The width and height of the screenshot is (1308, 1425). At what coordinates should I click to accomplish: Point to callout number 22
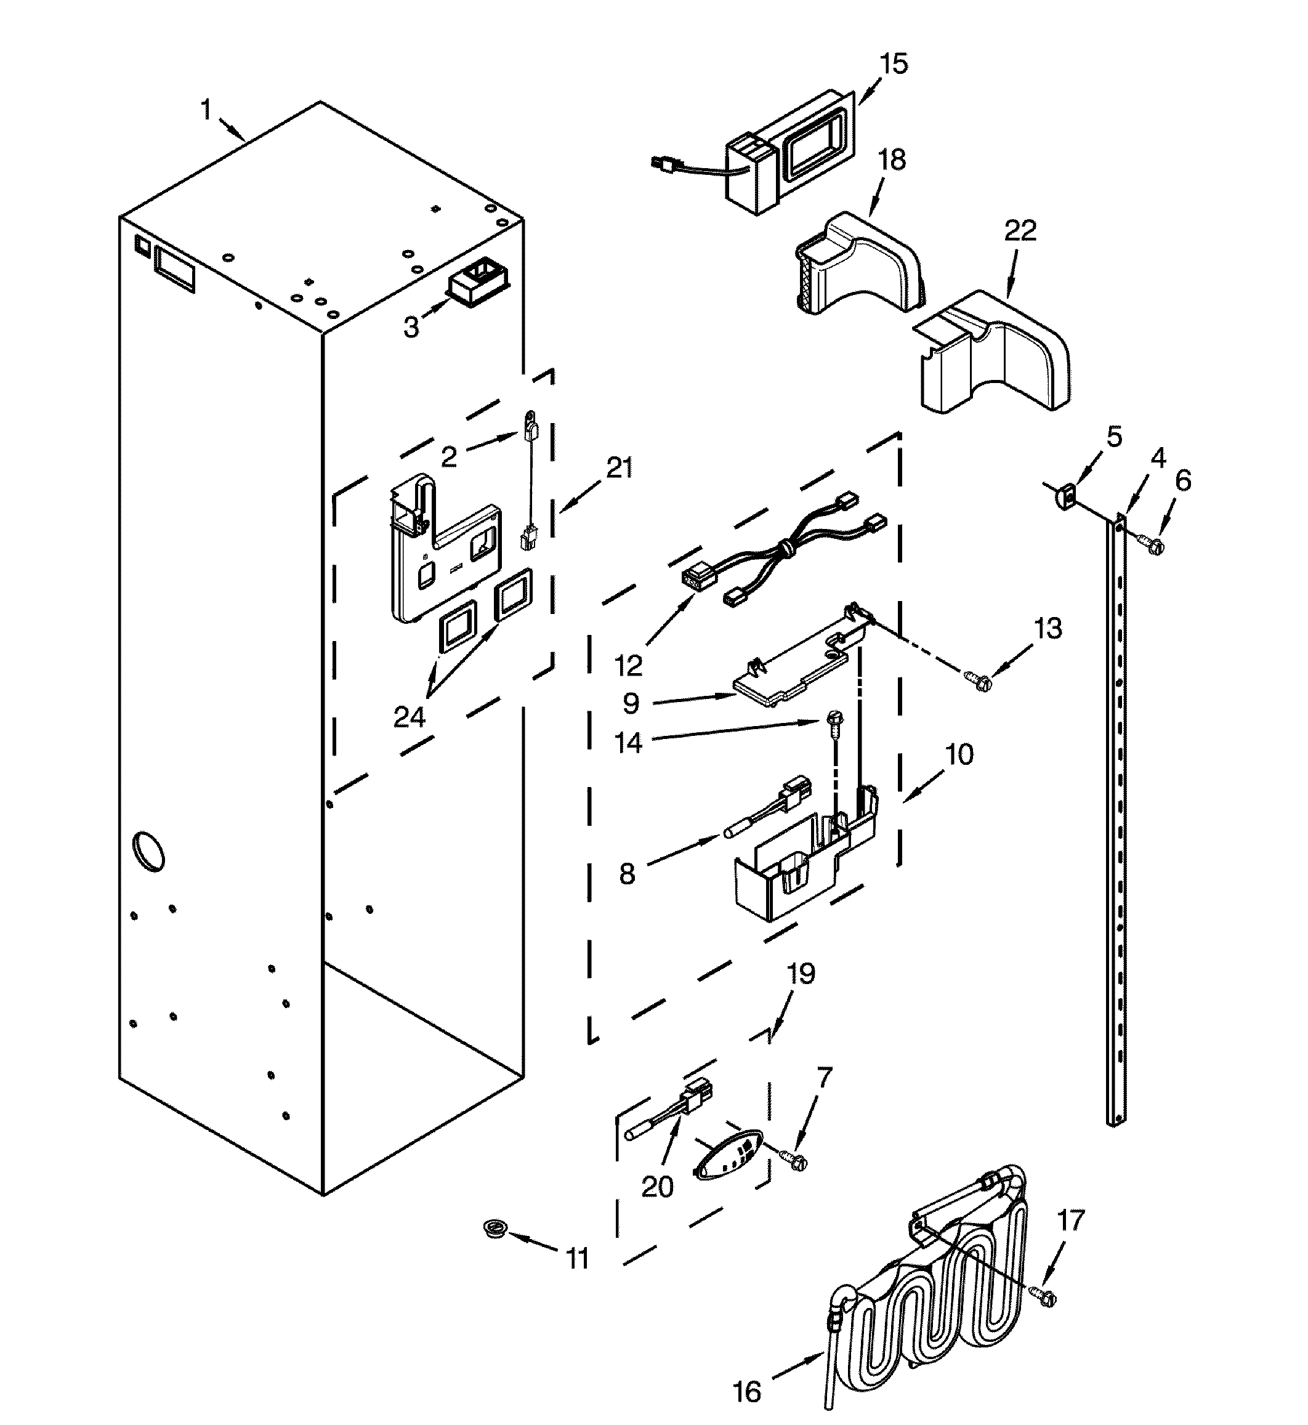[x=1020, y=231]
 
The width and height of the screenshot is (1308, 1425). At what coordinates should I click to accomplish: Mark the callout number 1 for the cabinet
[x=206, y=110]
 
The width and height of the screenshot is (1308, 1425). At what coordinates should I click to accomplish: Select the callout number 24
[x=409, y=718]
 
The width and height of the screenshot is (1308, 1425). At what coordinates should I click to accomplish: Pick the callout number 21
[x=620, y=468]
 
